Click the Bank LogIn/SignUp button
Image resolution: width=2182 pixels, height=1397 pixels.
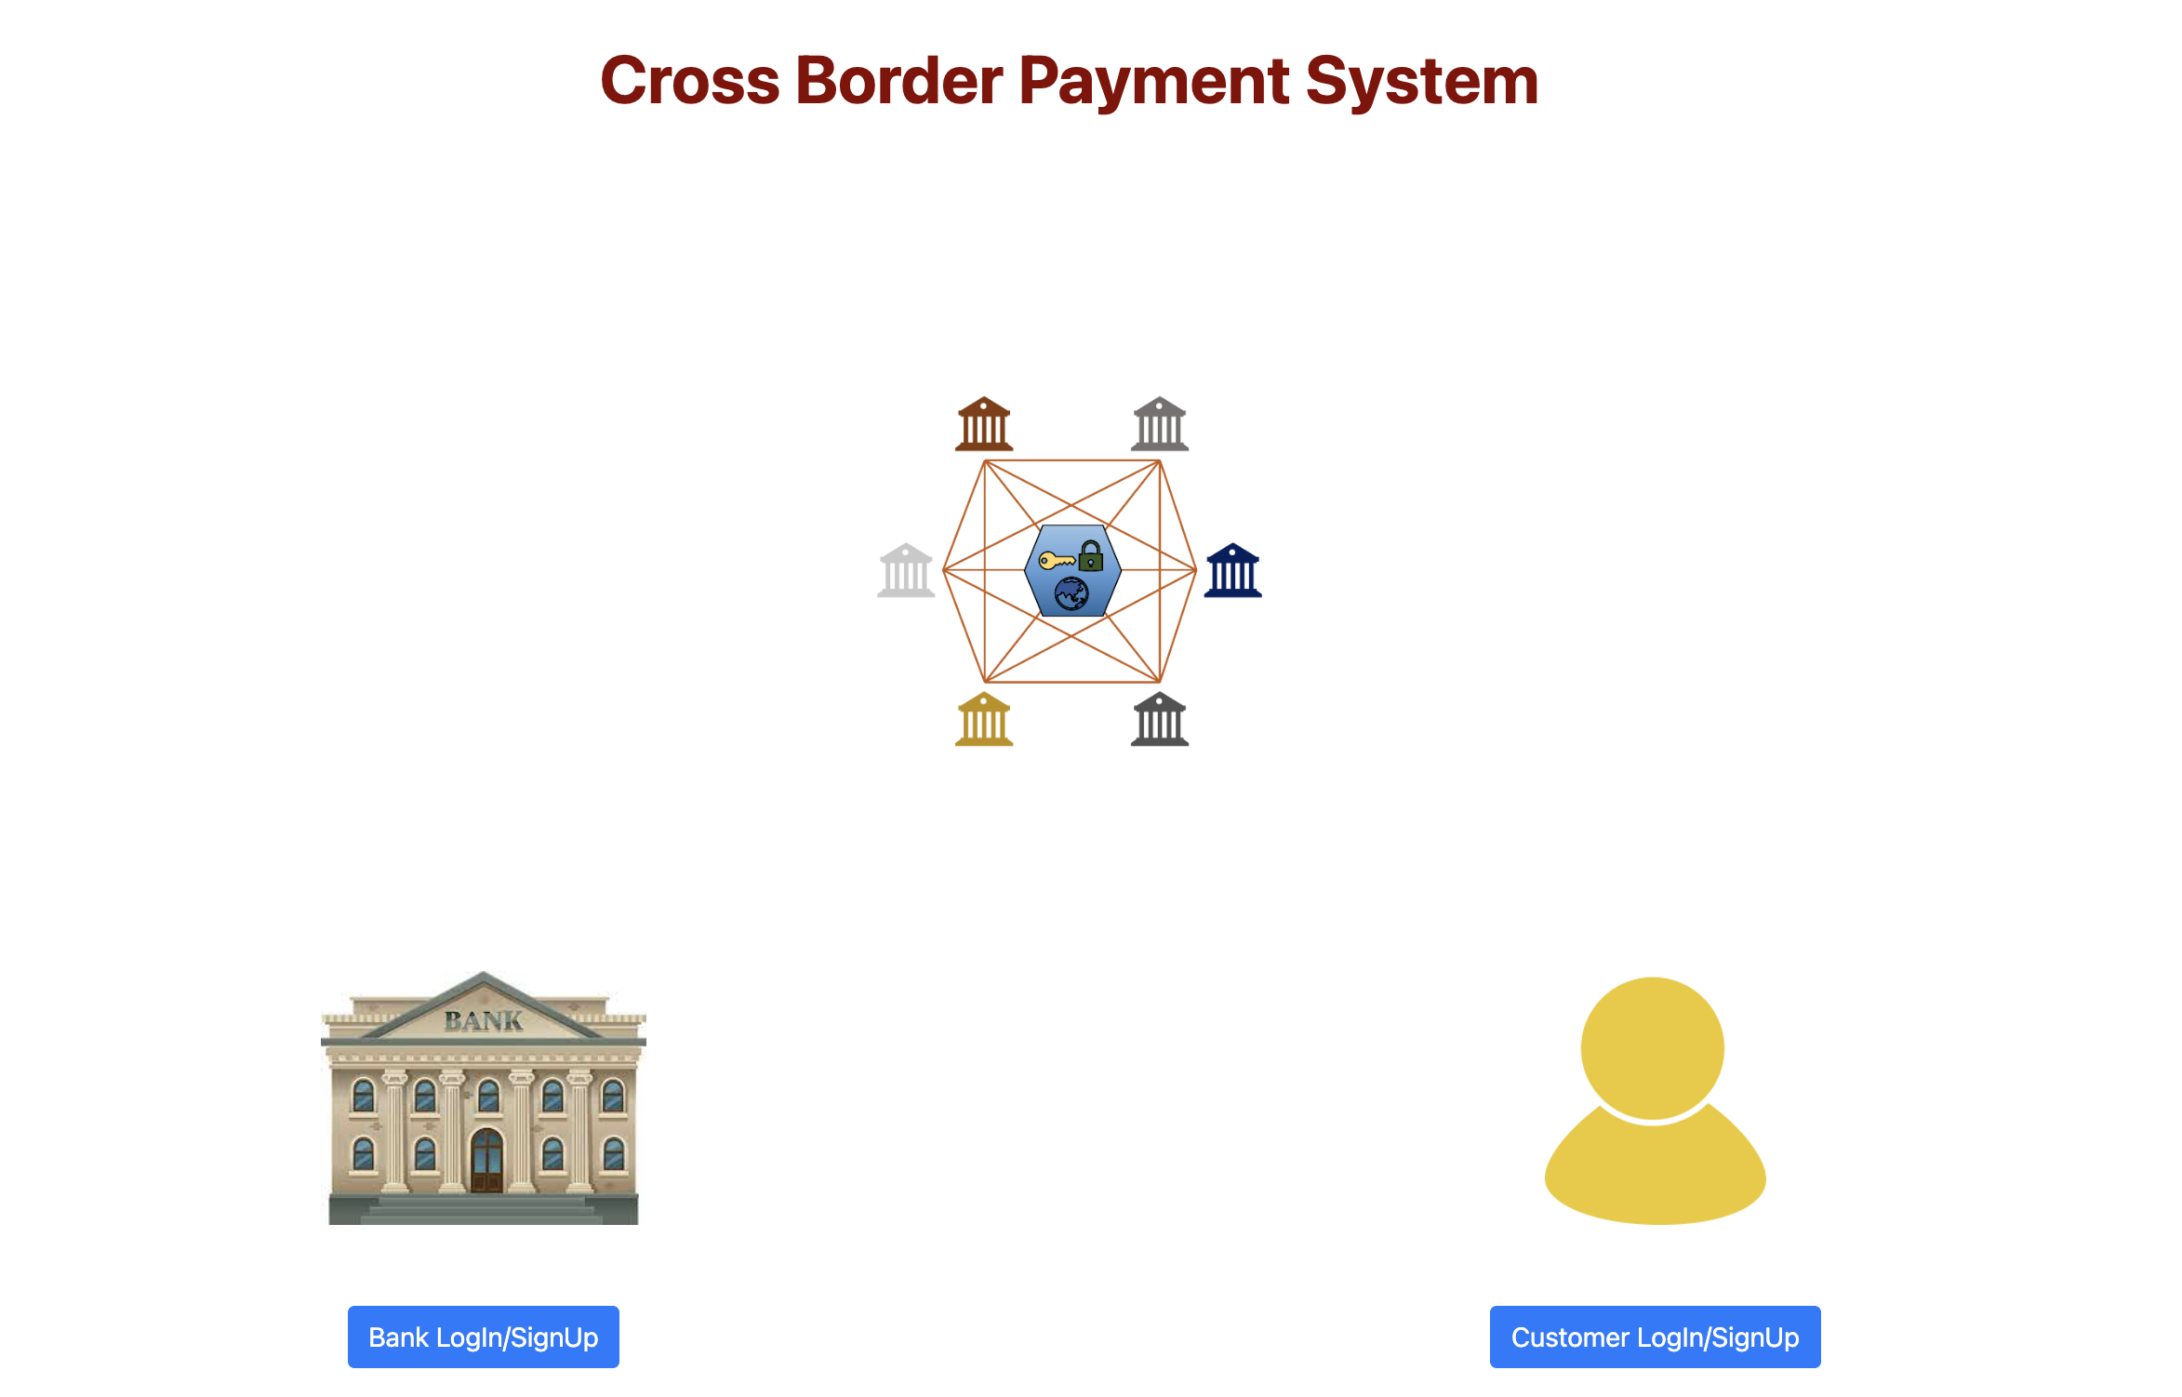tap(483, 1337)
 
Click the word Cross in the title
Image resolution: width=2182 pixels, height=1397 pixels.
tap(689, 81)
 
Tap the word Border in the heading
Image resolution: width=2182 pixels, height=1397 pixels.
tap(898, 81)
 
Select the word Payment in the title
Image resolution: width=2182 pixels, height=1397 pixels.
tap(1153, 81)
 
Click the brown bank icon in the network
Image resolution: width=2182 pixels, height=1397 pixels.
tap(984, 425)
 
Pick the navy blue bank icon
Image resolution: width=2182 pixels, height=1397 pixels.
tap(1232, 570)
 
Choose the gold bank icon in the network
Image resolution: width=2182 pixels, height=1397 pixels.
tap(984, 719)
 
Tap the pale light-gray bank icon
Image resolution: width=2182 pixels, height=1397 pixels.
tap(905, 570)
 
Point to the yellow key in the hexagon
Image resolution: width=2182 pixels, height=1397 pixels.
tap(1056, 560)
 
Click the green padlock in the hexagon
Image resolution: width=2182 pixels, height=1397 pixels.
tap(1090, 557)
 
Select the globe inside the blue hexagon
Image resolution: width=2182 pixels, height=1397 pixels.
tap(1071, 593)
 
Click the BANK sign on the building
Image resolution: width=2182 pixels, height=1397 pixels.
tap(484, 1021)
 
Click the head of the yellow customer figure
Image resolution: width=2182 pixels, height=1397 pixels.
tap(1653, 1046)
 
